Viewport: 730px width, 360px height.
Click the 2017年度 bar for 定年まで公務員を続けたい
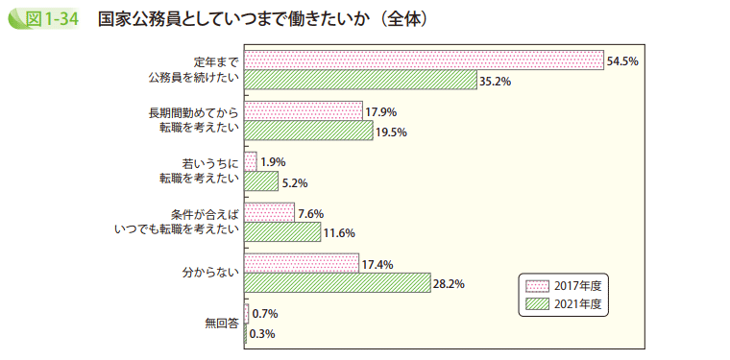(424, 60)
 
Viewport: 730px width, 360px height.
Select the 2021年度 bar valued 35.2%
(360, 80)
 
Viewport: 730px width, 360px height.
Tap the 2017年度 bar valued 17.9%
(304, 111)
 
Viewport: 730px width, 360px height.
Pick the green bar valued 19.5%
(308, 131)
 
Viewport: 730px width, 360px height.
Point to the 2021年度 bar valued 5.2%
(261, 181)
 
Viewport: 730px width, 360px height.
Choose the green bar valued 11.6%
(282, 232)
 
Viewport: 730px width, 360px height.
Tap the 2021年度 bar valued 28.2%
(337, 283)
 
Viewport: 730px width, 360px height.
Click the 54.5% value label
(622, 60)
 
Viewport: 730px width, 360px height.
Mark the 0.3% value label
(263, 334)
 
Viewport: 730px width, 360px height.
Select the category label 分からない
(210, 274)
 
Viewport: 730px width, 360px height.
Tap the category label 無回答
(222, 324)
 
